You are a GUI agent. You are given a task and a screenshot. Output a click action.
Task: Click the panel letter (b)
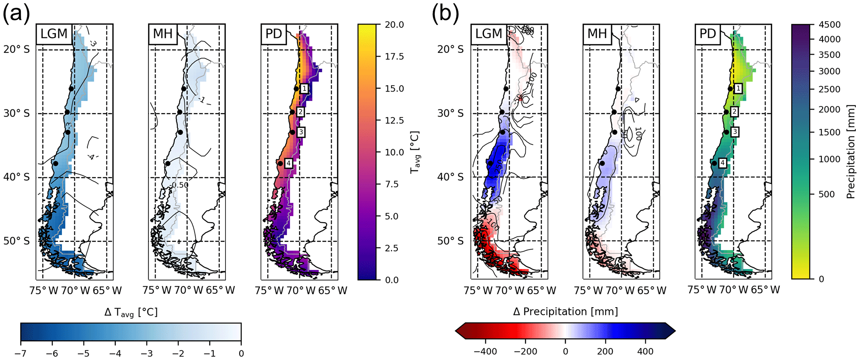[446, 14]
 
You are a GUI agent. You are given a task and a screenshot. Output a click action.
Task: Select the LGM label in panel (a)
[54, 34]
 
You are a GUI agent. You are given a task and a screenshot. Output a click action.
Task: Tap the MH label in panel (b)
[597, 34]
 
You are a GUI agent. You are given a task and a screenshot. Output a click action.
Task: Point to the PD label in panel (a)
[274, 34]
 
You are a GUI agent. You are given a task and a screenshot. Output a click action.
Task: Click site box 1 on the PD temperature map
[305, 89]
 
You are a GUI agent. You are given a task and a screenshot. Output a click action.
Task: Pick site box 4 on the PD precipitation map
[723, 163]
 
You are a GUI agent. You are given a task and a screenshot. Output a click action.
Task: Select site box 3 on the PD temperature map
[301, 132]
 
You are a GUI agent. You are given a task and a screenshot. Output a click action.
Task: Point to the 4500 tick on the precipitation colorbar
[829, 25]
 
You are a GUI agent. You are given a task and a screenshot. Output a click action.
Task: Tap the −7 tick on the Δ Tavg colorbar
[21, 353]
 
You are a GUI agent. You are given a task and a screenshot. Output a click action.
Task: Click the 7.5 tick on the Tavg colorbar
[392, 184]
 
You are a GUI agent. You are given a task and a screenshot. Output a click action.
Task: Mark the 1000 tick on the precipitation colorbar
[829, 159]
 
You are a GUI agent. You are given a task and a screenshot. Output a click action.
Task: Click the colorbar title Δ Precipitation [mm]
[565, 312]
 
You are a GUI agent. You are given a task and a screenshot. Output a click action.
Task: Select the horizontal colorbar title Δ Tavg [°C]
[131, 313]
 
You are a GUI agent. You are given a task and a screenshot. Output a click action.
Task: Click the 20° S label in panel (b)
[450, 50]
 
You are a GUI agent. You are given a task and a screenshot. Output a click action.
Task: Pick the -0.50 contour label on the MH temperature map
[179, 185]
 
